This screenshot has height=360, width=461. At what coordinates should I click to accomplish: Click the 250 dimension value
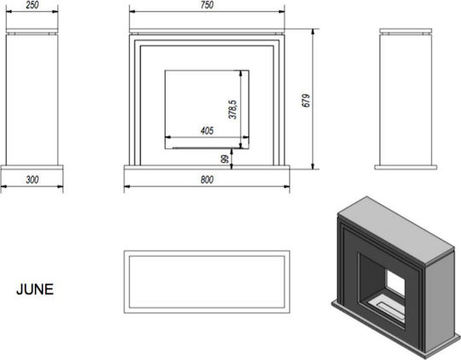[x=32, y=5]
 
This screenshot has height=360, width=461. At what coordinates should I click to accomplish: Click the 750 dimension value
[x=207, y=5]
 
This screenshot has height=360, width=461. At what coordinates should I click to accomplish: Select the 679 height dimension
[x=306, y=101]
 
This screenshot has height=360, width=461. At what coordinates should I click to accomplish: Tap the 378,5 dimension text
[x=232, y=109]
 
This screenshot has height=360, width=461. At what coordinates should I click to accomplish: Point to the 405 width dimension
[x=207, y=131]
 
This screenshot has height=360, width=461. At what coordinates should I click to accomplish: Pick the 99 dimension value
[x=225, y=160]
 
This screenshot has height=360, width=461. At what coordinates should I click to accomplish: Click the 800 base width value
[x=207, y=179]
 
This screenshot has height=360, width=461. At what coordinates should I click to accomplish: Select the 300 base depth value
[x=32, y=179]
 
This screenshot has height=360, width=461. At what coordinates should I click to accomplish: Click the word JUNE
[x=35, y=289]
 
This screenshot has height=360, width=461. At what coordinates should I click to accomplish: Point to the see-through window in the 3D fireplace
[x=395, y=283]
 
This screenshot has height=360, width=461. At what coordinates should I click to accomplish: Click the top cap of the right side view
[x=406, y=31]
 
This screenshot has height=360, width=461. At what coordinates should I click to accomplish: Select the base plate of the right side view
[x=406, y=167]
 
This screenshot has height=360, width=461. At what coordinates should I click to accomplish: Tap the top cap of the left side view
[x=32, y=31]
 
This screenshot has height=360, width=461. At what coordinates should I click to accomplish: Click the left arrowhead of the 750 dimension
[x=132, y=12]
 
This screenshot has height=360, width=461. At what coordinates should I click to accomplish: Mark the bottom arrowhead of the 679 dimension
[x=312, y=166]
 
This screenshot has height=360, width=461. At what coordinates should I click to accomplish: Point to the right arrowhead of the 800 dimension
[x=287, y=186]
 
